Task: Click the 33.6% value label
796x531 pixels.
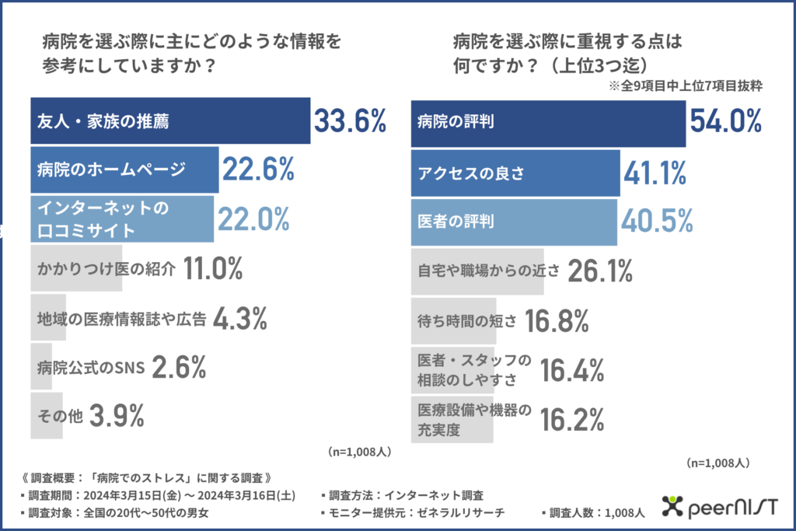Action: pyautogui.click(x=350, y=122)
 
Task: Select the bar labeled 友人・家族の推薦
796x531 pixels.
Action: pyautogui.click(x=169, y=121)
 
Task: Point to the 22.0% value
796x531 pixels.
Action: pyautogui.click(x=253, y=220)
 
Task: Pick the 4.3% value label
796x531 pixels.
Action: pyautogui.click(x=241, y=317)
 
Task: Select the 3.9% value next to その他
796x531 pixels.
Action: pyautogui.click(x=117, y=416)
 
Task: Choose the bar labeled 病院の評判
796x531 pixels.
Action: pyautogui.click(x=547, y=122)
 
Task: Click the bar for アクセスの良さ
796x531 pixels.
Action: pyautogui.click(x=515, y=171)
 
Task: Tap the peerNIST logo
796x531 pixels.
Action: pyautogui.click(x=718, y=508)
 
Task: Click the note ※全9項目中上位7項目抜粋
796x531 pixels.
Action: pyautogui.click(x=685, y=87)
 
